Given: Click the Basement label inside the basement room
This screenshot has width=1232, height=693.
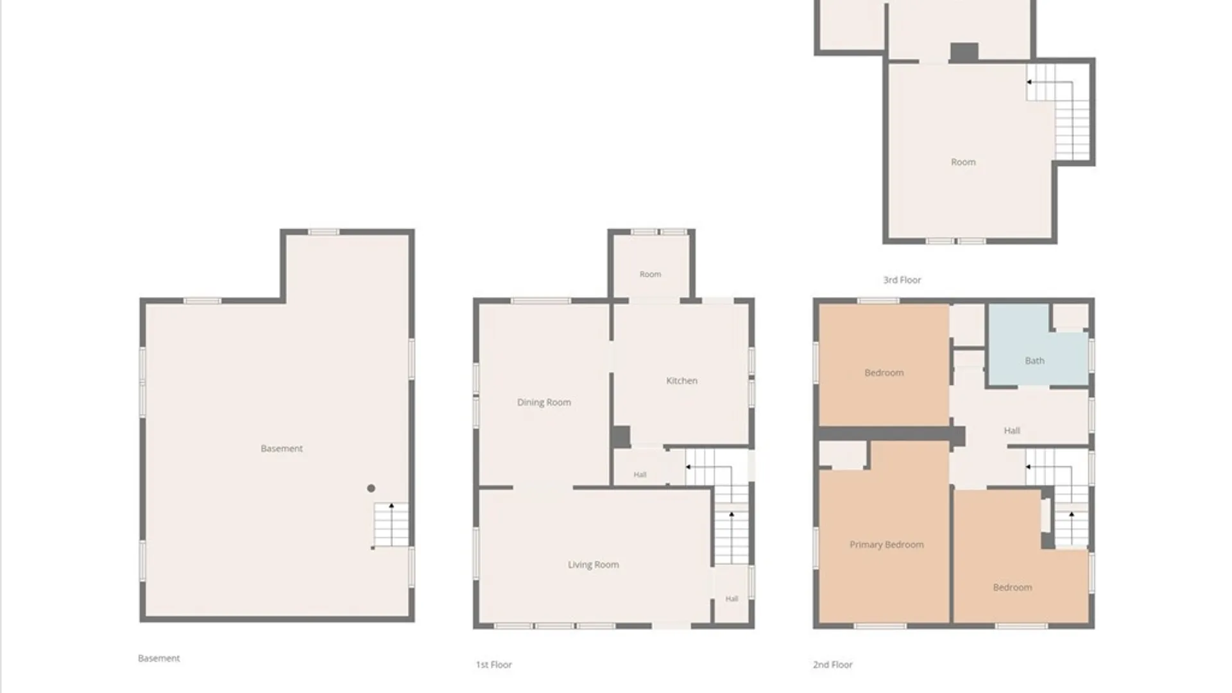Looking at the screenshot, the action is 282,449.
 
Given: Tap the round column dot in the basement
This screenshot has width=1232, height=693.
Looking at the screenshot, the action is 371,488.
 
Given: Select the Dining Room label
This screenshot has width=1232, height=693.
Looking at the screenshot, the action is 544,402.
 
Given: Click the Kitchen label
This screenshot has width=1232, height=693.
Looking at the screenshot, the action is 681,381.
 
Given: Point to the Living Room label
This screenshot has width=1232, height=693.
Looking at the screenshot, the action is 594,565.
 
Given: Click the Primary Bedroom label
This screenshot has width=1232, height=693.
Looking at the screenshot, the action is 887,545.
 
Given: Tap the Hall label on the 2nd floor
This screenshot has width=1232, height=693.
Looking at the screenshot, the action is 1012,431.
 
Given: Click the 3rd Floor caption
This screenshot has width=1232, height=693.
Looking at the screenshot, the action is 902,280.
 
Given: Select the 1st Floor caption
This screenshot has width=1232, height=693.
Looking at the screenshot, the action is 494,665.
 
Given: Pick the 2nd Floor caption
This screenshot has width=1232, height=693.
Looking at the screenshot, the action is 833,665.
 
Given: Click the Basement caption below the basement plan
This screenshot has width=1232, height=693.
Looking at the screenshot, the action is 159,658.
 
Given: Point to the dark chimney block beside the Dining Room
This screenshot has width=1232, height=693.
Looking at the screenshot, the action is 620,437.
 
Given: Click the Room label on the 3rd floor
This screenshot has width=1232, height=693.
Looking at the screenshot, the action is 963,162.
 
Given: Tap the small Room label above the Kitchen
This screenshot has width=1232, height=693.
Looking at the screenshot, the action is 650,274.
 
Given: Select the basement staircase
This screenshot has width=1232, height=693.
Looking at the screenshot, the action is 391,525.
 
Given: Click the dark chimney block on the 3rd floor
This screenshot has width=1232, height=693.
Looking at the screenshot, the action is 964,53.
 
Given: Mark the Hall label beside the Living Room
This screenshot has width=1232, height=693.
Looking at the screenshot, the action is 732,599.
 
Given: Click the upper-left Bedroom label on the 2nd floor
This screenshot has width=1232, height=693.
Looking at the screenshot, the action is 884,373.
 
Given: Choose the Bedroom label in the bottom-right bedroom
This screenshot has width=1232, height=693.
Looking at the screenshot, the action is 1013,588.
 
